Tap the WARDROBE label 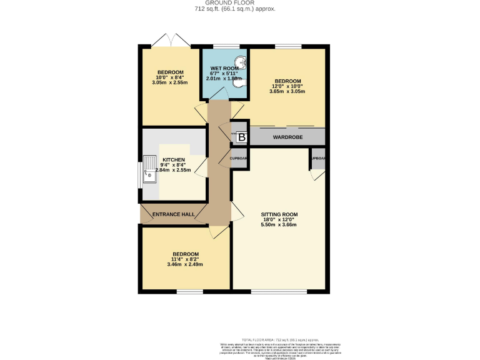(287, 136)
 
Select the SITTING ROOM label (279, 214)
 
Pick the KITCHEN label (174, 160)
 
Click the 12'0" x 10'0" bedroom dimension (287, 86)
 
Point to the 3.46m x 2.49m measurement (185, 264)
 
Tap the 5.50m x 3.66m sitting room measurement (279, 224)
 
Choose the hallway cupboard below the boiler (240, 159)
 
